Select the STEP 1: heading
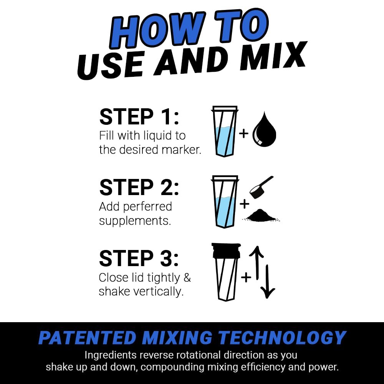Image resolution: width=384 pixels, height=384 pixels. click(139, 117)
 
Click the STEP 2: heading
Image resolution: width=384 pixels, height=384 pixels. click(139, 187)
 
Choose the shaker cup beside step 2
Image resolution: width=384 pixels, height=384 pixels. click(225, 202)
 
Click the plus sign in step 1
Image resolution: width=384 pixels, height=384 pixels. click(243, 134)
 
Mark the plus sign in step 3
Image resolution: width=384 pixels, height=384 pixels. click(246, 277)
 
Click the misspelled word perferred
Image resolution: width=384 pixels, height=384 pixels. click(148, 207)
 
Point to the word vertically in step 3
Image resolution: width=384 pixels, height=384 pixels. click(158, 291)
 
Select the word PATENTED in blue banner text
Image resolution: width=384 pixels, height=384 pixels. click(87, 338)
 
